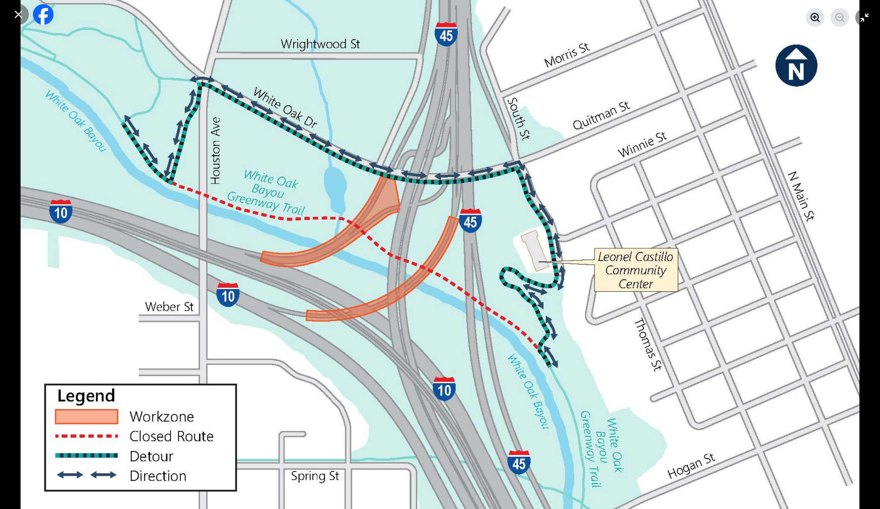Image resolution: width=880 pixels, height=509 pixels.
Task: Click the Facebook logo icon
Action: coord(43,15)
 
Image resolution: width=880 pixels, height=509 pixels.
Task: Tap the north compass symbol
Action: coord(796,65)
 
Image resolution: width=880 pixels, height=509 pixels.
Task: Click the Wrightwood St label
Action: coord(320,44)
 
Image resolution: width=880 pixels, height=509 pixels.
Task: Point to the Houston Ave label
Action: coord(215,151)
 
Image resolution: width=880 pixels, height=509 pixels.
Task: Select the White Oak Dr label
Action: coord(285,107)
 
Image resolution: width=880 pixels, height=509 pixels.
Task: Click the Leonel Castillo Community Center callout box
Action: coord(636,270)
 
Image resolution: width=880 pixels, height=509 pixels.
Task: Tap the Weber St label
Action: coord(169,307)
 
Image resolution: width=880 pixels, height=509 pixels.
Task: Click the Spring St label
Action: coord(315,476)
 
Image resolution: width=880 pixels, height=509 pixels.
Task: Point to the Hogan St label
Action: coord(691,466)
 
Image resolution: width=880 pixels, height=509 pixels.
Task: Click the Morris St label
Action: coord(567,55)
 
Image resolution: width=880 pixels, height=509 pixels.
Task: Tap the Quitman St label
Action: coord(601,115)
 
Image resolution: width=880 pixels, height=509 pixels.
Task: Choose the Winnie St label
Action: coord(642,145)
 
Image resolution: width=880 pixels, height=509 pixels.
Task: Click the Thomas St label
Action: coord(648,344)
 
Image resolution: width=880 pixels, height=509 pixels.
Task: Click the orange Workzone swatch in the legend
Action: coord(86,416)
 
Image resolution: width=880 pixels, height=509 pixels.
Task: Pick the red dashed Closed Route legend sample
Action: coord(86,436)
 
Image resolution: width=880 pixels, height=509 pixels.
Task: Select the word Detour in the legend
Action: coord(151,456)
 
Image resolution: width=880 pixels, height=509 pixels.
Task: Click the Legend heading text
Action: coord(86,396)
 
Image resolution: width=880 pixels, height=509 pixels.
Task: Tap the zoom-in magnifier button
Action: coord(815,18)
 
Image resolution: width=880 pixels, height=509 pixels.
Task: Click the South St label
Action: coord(518,119)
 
